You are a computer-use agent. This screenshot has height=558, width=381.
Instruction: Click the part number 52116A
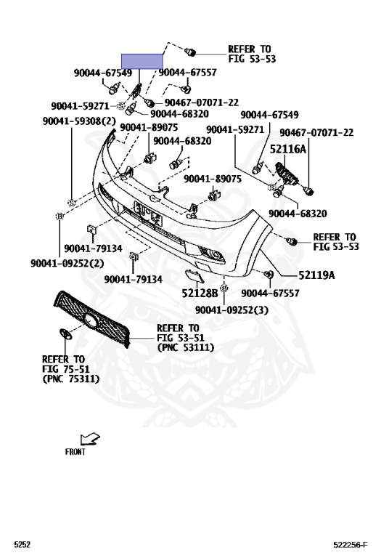[x=287, y=149]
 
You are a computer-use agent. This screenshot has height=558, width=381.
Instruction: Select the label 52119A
[x=316, y=275]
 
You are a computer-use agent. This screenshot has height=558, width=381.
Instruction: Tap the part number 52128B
[x=200, y=293]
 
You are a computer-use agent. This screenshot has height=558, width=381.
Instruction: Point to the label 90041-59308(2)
[x=79, y=121]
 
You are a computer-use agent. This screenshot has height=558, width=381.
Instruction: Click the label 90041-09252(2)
[x=67, y=263]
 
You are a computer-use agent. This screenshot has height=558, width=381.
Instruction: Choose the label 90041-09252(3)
[x=232, y=310]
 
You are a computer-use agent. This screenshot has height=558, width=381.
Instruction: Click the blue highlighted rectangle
[x=142, y=61]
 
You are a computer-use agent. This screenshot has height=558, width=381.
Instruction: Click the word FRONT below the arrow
[x=75, y=452]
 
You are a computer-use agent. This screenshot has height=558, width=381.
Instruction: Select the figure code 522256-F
[x=351, y=544]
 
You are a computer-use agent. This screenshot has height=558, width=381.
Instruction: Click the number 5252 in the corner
[x=22, y=544]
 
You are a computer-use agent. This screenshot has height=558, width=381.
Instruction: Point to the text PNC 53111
[x=186, y=347]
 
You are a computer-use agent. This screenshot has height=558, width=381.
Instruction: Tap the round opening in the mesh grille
[x=91, y=321]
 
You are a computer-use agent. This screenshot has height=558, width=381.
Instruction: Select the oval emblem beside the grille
[x=65, y=333]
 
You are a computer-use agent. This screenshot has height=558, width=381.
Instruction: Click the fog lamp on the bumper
[x=214, y=254]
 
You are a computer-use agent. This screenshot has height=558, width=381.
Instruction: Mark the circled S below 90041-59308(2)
[x=72, y=203]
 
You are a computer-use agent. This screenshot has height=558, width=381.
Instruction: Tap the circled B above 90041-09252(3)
[x=224, y=288]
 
